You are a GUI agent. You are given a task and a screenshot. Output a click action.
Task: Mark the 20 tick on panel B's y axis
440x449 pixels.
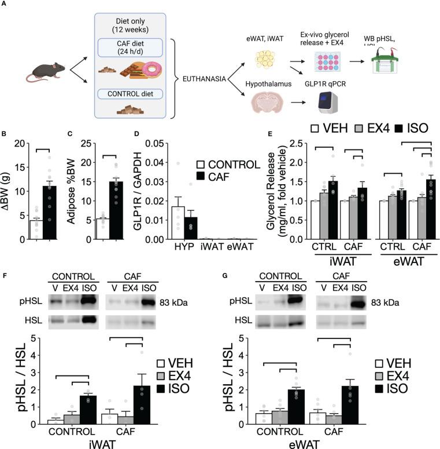click(x=17, y=143)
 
